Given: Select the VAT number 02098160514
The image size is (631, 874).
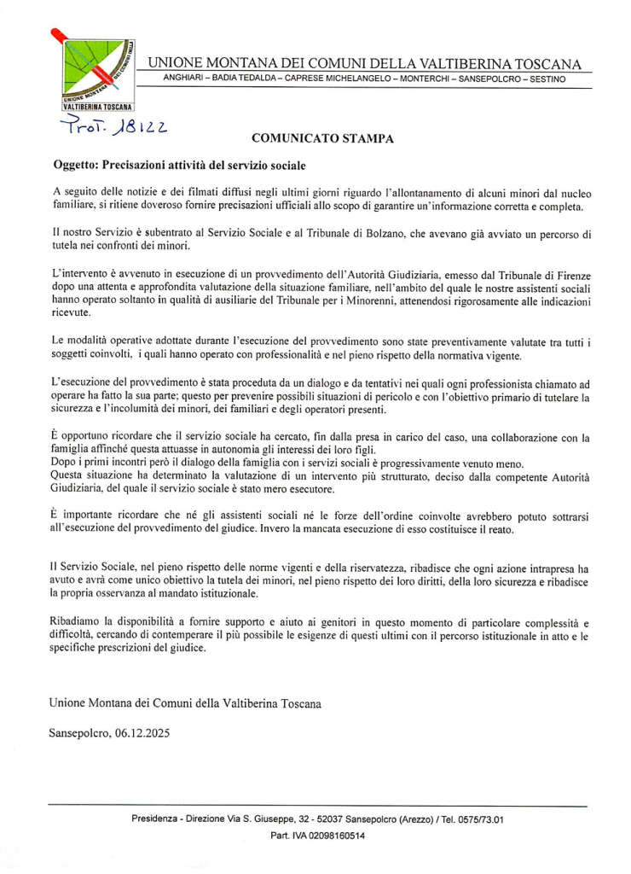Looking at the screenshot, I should (330, 836).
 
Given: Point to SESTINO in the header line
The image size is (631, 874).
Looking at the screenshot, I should (547, 79).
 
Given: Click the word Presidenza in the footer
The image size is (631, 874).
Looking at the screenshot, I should (155, 819).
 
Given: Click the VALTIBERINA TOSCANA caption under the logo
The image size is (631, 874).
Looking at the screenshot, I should (98, 108).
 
